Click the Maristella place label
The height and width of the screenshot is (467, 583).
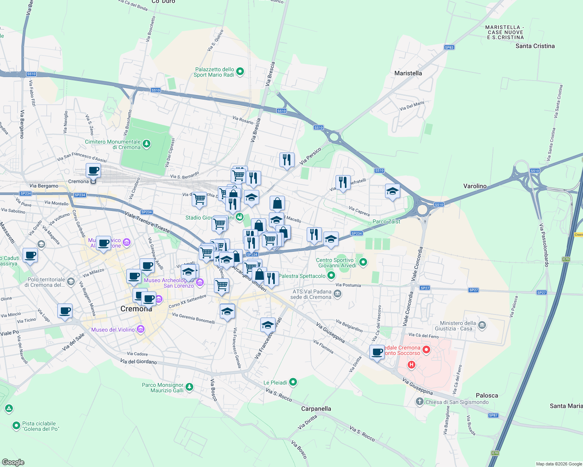[408, 73]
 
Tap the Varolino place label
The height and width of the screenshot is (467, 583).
[475, 186]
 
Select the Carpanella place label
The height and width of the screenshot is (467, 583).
[316, 409]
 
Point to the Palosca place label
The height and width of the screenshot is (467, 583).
[487, 395]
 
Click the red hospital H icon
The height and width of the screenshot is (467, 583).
[411, 365]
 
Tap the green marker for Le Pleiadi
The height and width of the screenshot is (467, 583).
[293, 383]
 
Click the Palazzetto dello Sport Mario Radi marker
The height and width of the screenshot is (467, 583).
[240, 71]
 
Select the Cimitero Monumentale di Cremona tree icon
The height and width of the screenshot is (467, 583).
[147, 144]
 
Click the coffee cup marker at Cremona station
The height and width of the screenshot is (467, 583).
[94, 170]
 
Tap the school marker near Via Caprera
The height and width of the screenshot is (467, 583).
[392, 191]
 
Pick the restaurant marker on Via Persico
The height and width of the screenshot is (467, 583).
[287, 160]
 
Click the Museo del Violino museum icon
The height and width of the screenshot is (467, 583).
[141, 330]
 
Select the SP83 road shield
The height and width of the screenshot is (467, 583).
[449, 47]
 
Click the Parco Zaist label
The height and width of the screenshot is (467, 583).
[386, 221]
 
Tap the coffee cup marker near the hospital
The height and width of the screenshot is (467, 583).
[377, 352]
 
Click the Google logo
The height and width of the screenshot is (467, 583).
[13, 462]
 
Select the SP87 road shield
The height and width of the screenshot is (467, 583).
[493, 415]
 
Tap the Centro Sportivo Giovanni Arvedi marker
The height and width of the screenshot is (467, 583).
[363, 262]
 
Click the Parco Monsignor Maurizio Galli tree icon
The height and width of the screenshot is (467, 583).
[189, 387]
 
